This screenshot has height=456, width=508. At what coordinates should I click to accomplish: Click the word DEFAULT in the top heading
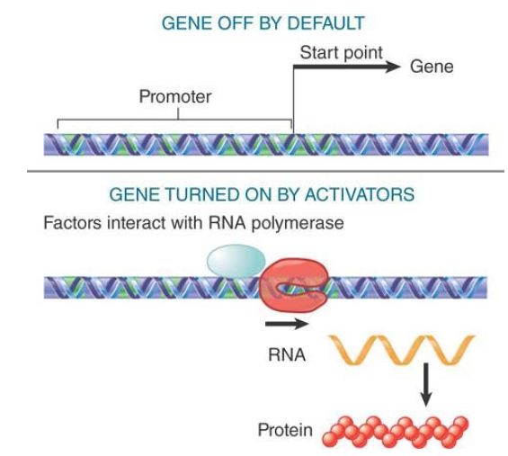pyautogui.click(x=325, y=23)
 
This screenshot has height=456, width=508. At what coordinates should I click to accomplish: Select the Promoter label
pyautogui.click(x=175, y=96)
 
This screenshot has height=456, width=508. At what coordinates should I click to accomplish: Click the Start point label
pyautogui.click(x=341, y=53)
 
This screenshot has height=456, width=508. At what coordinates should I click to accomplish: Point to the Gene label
pyautogui.click(x=432, y=67)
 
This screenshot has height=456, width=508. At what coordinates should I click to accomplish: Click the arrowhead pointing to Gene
pyautogui.click(x=393, y=67)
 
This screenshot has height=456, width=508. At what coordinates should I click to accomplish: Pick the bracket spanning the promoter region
pyautogui.click(x=174, y=120)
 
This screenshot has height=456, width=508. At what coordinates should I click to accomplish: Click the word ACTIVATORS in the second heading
pyautogui.click(x=360, y=194)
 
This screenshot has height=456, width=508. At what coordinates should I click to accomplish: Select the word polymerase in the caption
pyautogui.click(x=298, y=224)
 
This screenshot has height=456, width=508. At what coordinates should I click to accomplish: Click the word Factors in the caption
pyautogui.click(x=72, y=223)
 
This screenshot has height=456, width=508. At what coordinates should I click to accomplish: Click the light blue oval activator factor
pyautogui.click(x=236, y=261)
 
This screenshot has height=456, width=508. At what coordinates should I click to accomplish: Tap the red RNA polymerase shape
pyautogui.click(x=293, y=285)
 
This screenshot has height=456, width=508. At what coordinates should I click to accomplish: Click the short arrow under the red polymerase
pyautogui.click(x=287, y=324)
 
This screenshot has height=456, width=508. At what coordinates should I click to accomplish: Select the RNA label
pyautogui.click(x=287, y=355)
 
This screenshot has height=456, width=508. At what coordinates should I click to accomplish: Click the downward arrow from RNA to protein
pyautogui.click(x=426, y=385)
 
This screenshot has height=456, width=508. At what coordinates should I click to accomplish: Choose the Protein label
pyautogui.click(x=285, y=431)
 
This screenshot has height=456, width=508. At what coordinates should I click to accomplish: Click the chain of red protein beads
pyautogui.click(x=396, y=432)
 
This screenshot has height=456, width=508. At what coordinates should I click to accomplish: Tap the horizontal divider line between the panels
pyautogui.click(x=265, y=171)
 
